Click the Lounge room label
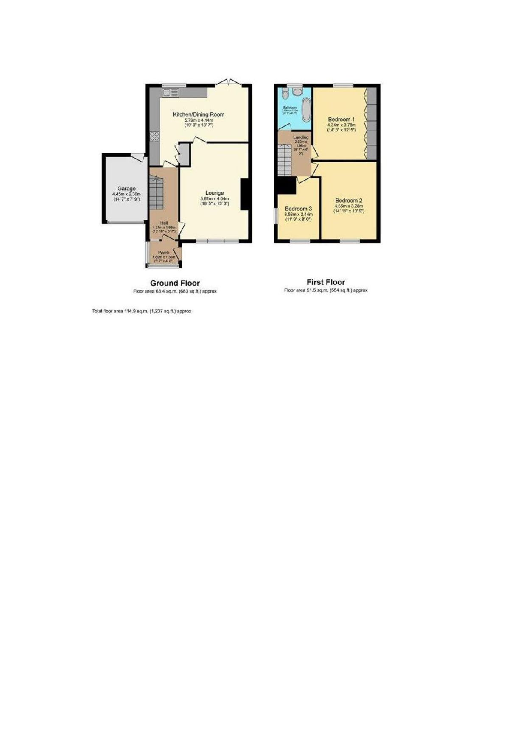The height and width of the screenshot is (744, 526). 215,193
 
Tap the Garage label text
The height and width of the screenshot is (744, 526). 126,189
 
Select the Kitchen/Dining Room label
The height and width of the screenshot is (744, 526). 199,114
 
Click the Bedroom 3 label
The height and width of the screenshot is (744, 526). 298,209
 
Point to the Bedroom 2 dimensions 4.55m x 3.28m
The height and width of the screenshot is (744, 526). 349,206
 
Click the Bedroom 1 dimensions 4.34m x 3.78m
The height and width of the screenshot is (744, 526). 341,125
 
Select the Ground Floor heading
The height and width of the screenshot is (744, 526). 175,283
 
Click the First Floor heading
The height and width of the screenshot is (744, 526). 326,282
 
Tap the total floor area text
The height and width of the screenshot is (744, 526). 142,311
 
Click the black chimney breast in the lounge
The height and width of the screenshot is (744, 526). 245,195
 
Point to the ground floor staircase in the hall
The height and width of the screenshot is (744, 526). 156,193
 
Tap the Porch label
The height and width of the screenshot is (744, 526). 164,253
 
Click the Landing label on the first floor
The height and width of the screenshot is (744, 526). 301,137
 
